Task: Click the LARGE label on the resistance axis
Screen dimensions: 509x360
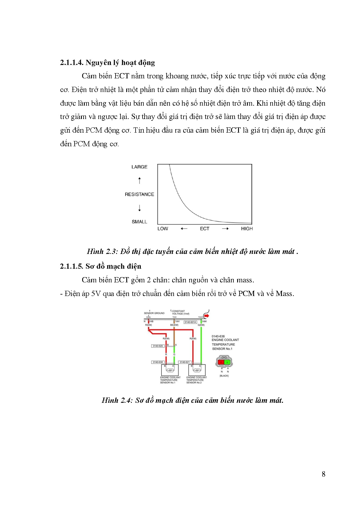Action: [139, 167]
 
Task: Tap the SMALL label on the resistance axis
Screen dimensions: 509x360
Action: [139, 222]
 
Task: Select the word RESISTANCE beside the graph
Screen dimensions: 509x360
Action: [139, 194]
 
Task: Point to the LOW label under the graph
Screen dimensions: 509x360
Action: [163, 229]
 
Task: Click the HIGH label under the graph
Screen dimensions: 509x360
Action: [247, 229]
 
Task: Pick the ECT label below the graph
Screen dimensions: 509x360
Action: [204, 229]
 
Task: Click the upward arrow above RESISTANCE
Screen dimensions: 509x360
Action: [140, 181]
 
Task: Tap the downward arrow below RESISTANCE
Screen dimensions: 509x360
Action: [140, 208]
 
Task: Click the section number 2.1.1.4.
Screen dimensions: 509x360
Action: [72, 63]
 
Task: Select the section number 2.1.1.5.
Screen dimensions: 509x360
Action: [72, 266]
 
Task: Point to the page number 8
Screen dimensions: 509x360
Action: [323, 474]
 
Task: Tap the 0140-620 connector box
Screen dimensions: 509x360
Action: [158, 346]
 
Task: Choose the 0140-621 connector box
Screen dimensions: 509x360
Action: [185, 362]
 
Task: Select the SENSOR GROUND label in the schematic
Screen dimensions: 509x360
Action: [154, 313]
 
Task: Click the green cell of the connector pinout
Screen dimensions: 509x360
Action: [227, 362]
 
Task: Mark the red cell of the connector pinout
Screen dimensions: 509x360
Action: [221, 362]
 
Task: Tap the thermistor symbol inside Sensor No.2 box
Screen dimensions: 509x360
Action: [197, 370]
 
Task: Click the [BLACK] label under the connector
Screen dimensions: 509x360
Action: [224, 376]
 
